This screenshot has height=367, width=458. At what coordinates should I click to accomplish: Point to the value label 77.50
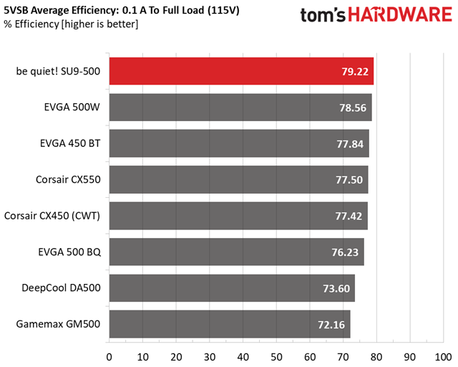coord(351,179)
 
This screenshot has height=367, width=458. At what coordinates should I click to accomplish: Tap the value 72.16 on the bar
coord(332,324)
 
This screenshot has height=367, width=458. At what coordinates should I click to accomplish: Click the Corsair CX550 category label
coord(68,179)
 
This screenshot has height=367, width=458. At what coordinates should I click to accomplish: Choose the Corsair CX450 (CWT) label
coord(52,215)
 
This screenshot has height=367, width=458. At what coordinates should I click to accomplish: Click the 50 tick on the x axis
coord(276,356)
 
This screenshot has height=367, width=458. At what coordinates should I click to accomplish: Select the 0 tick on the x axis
coord(109,356)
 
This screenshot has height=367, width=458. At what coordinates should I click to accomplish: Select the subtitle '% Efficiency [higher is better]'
coord(72,24)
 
